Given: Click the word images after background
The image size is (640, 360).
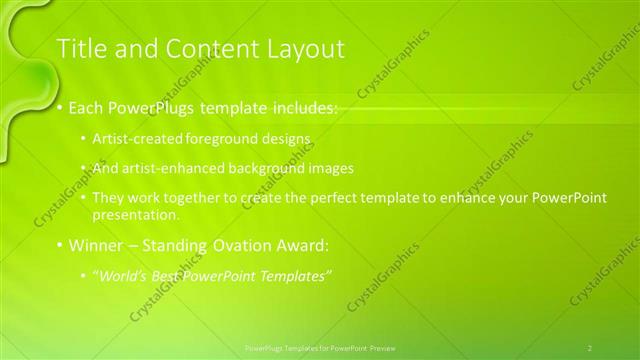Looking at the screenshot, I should (x=332, y=168).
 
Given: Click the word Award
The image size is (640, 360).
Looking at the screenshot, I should (x=300, y=245).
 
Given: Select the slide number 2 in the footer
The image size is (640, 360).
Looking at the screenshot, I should (x=589, y=347).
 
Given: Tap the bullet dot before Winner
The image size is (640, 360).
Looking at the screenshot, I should (x=59, y=245).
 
